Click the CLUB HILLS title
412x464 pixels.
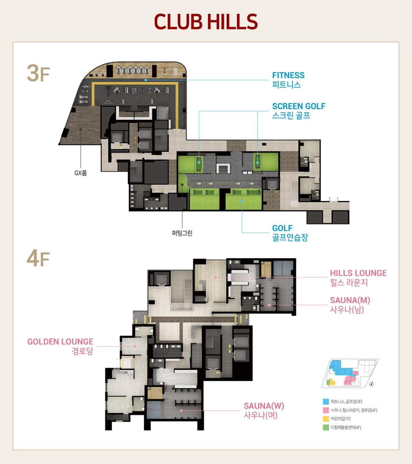pos(206,22)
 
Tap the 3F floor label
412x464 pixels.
pos(38,73)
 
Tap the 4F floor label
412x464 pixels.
pos(38,258)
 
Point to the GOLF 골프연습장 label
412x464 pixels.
pos(290,233)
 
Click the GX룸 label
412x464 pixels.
pos(81,173)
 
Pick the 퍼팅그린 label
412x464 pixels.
pos(182,233)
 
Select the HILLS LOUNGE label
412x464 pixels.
pos(358,278)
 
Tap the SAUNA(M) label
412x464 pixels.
pos(350,305)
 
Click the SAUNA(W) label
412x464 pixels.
pos(264,410)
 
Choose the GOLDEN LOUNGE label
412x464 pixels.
pos(60,346)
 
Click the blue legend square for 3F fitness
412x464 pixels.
pos(326,401)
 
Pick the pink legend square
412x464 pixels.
pos(326,410)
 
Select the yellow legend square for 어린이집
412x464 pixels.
pos(326,419)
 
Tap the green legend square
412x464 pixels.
pos(326,427)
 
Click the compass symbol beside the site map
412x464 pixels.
pos(371,384)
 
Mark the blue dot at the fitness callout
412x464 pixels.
pos(146,80)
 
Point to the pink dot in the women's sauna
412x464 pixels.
pos(181,411)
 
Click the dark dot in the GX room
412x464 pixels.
pos(81,129)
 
